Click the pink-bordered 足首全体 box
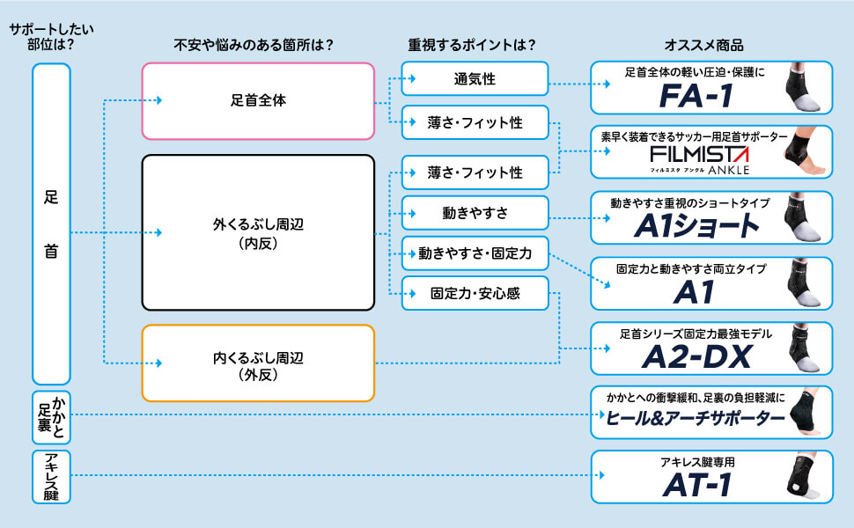click(259, 101)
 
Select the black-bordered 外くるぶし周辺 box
click(259, 233)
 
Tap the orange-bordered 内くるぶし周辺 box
click(259, 364)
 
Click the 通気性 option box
click(475, 79)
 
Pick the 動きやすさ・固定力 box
click(475, 253)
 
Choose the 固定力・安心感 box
click(475, 294)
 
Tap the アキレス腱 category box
click(50, 476)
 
